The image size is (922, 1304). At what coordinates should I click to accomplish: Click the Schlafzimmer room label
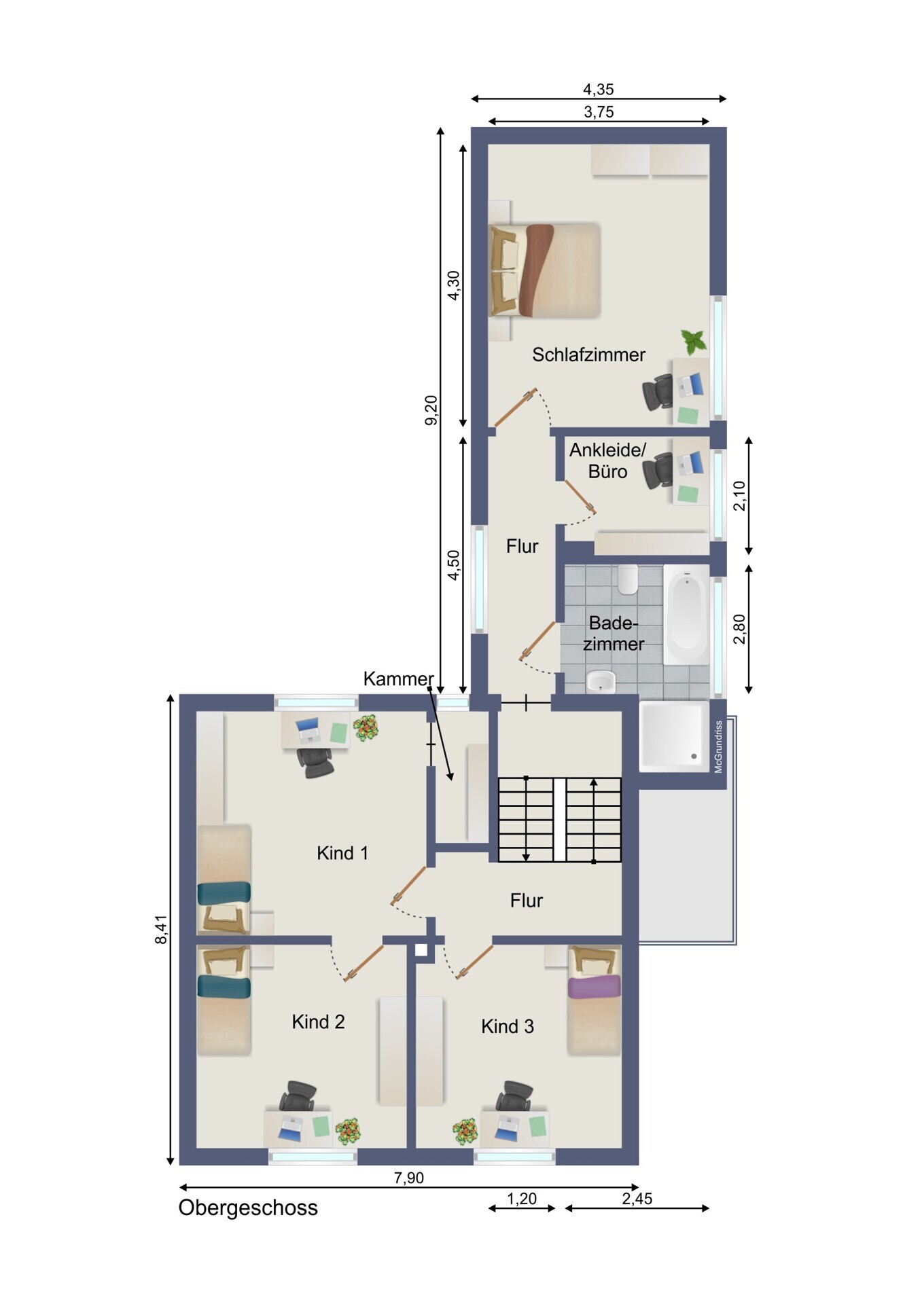click(x=588, y=355)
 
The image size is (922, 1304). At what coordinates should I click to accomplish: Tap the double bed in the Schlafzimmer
click(x=544, y=270)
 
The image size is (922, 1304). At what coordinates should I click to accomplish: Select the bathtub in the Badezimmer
click(x=686, y=615)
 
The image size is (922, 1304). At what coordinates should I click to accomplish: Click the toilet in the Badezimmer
click(x=627, y=579)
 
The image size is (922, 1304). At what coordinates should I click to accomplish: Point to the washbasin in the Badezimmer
click(x=600, y=681)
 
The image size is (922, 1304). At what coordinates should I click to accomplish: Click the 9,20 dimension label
click(x=431, y=410)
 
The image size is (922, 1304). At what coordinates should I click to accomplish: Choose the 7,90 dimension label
click(x=408, y=1178)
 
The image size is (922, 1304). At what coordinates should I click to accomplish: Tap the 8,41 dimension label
click(x=161, y=929)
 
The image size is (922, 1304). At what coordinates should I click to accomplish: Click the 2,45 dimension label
click(x=637, y=1199)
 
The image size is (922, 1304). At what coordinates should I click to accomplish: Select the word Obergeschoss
click(x=248, y=1208)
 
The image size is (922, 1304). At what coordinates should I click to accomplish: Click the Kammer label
click(x=398, y=678)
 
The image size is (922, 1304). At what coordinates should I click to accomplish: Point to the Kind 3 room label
click(x=508, y=1026)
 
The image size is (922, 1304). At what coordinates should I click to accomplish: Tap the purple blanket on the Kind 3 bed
click(x=595, y=986)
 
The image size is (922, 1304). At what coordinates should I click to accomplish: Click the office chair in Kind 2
click(x=298, y=1096)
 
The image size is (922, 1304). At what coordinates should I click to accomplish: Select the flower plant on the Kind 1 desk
click(x=366, y=728)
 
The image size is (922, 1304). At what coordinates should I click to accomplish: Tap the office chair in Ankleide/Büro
click(x=658, y=470)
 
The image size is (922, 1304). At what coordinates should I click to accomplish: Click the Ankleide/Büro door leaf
click(x=580, y=497)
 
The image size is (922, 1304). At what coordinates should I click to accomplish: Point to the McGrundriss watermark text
click(x=718, y=746)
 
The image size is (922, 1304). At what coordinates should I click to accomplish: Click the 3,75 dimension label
click(x=599, y=112)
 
